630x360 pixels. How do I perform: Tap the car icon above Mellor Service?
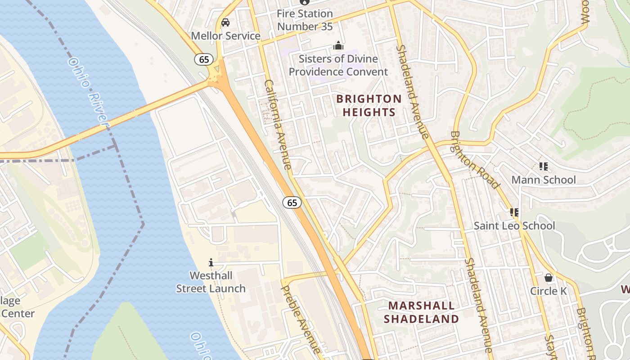point(225,22)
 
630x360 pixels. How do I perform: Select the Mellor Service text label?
point(225,36)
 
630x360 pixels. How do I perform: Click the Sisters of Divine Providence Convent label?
point(338,65)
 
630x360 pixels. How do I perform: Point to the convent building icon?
point(338,46)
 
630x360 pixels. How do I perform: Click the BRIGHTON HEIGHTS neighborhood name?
point(369,105)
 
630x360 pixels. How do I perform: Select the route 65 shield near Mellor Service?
point(204,59)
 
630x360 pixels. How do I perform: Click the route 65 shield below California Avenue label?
point(292,202)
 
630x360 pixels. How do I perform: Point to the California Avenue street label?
point(278,125)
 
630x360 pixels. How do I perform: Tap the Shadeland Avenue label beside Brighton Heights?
point(412,90)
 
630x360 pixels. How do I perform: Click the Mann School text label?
point(543,180)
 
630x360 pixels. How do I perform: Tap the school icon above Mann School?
point(544,166)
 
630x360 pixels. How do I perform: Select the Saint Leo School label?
point(514,226)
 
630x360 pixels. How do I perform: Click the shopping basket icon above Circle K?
point(548,278)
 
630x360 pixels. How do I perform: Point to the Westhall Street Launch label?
point(211,282)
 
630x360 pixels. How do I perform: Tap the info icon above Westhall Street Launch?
point(211,262)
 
